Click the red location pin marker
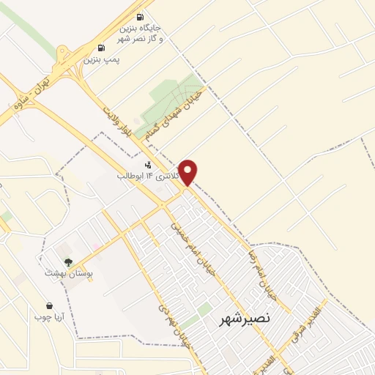pos(188,171)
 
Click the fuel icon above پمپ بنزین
pos(100,48)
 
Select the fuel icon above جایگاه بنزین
pos(141,18)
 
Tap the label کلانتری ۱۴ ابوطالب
pos(143,177)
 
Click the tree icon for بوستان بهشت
pos(68,261)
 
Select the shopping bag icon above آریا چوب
pos(49,306)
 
